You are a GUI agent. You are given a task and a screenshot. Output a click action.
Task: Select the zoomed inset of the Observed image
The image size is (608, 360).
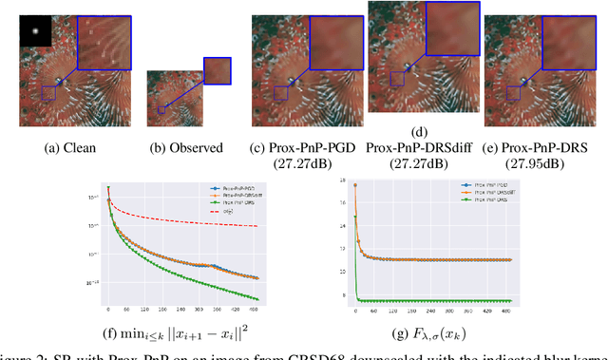click(x=217, y=72)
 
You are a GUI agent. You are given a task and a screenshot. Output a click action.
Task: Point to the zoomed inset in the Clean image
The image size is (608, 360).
click(x=103, y=38)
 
